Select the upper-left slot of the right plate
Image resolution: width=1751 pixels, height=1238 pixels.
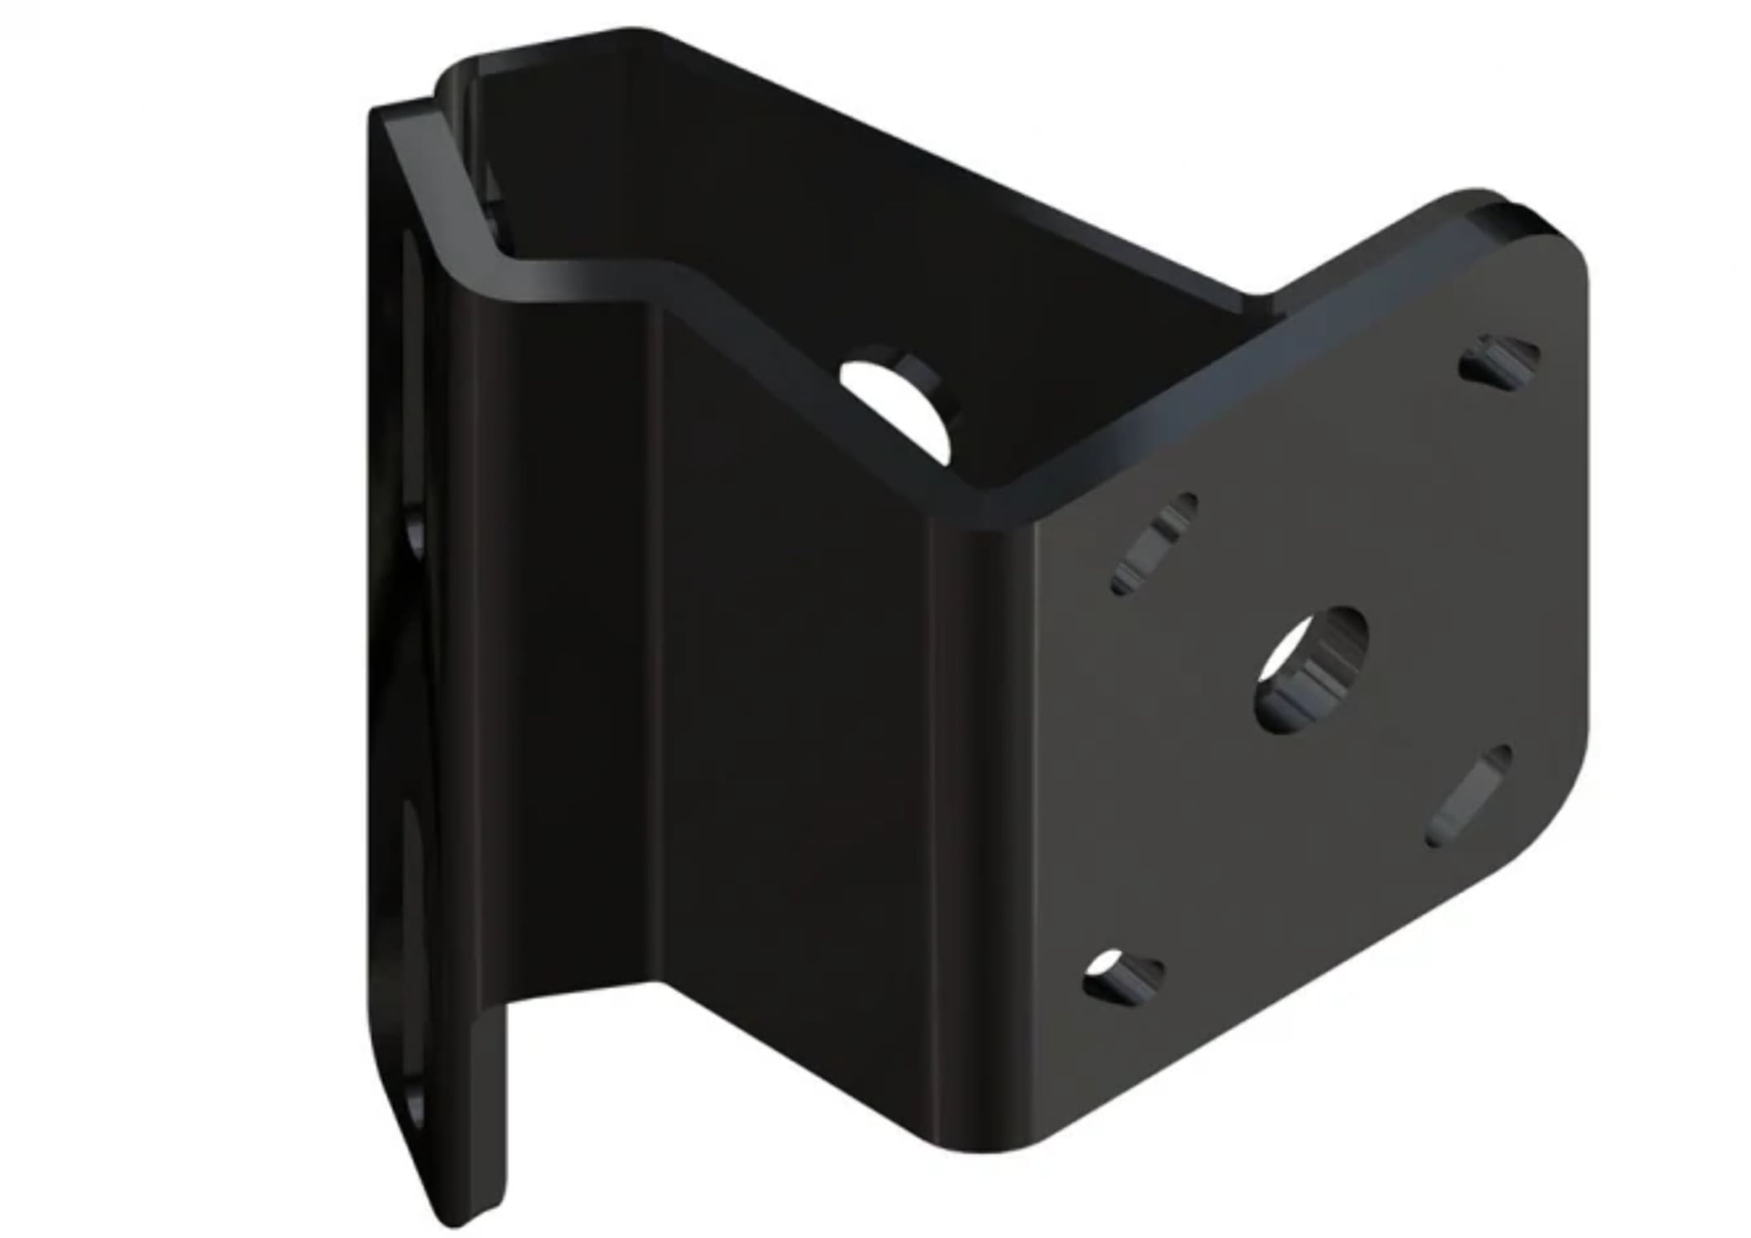[1154, 543]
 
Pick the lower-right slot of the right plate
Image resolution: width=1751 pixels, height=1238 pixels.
[1470, 796]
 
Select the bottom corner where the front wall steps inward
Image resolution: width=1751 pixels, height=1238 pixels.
[660, 986]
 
